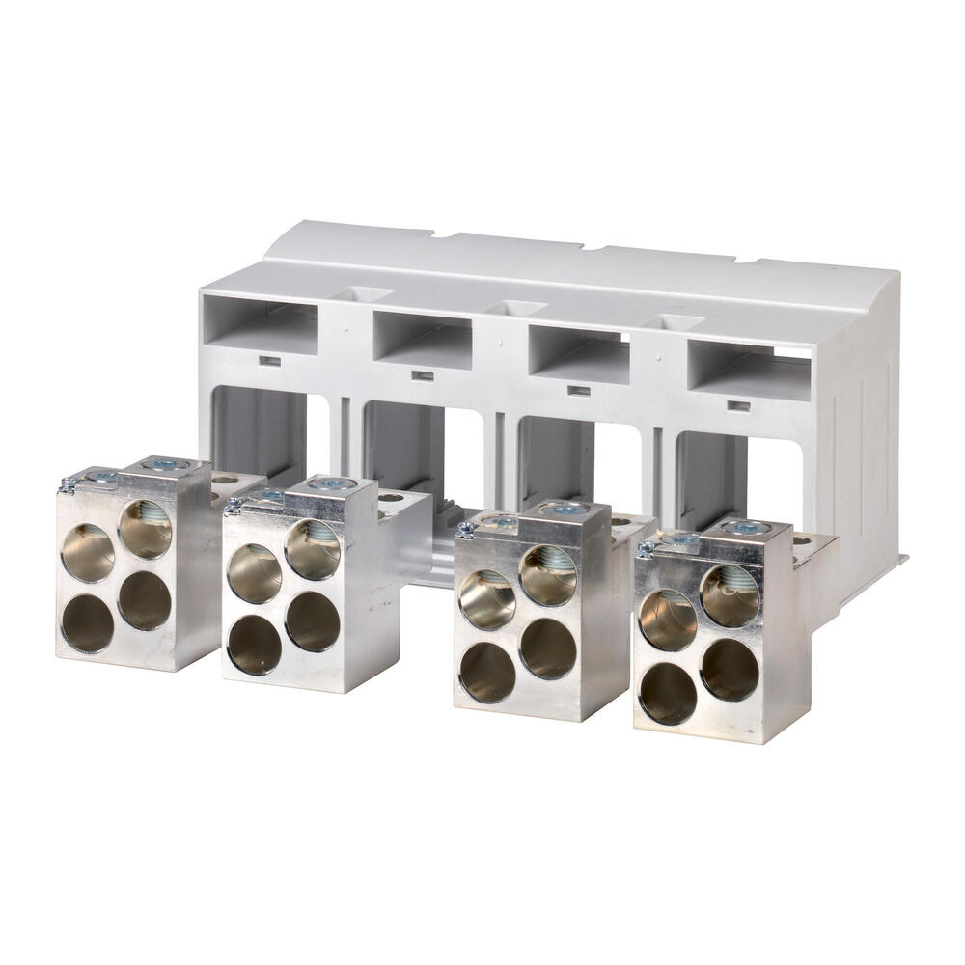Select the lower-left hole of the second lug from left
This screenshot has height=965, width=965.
[254, 644]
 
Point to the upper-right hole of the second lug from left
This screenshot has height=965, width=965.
[313, 550]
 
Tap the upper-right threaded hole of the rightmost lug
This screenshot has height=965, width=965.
[730, 595]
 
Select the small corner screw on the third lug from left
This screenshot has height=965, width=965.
[464, 529]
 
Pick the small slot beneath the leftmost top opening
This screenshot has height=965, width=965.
[270, 362]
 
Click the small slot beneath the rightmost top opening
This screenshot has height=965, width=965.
[738, 406]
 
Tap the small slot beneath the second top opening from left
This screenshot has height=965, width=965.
[422, 375]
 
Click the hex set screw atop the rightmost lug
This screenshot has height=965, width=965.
[748, 528]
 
